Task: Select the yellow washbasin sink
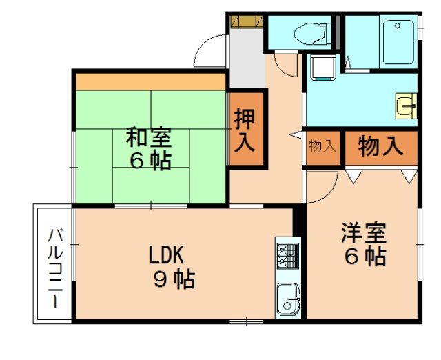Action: point(405,107)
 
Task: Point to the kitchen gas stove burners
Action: point(287,257)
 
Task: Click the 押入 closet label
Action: point(247,130)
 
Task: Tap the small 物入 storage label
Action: point(322,146)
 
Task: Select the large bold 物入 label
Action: point(381,146)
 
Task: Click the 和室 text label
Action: point(148,137)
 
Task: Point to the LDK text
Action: point(166,254)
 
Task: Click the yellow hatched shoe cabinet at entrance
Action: point(245,21)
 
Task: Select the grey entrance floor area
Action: point(247,62)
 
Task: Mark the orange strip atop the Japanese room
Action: point(150,81)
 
